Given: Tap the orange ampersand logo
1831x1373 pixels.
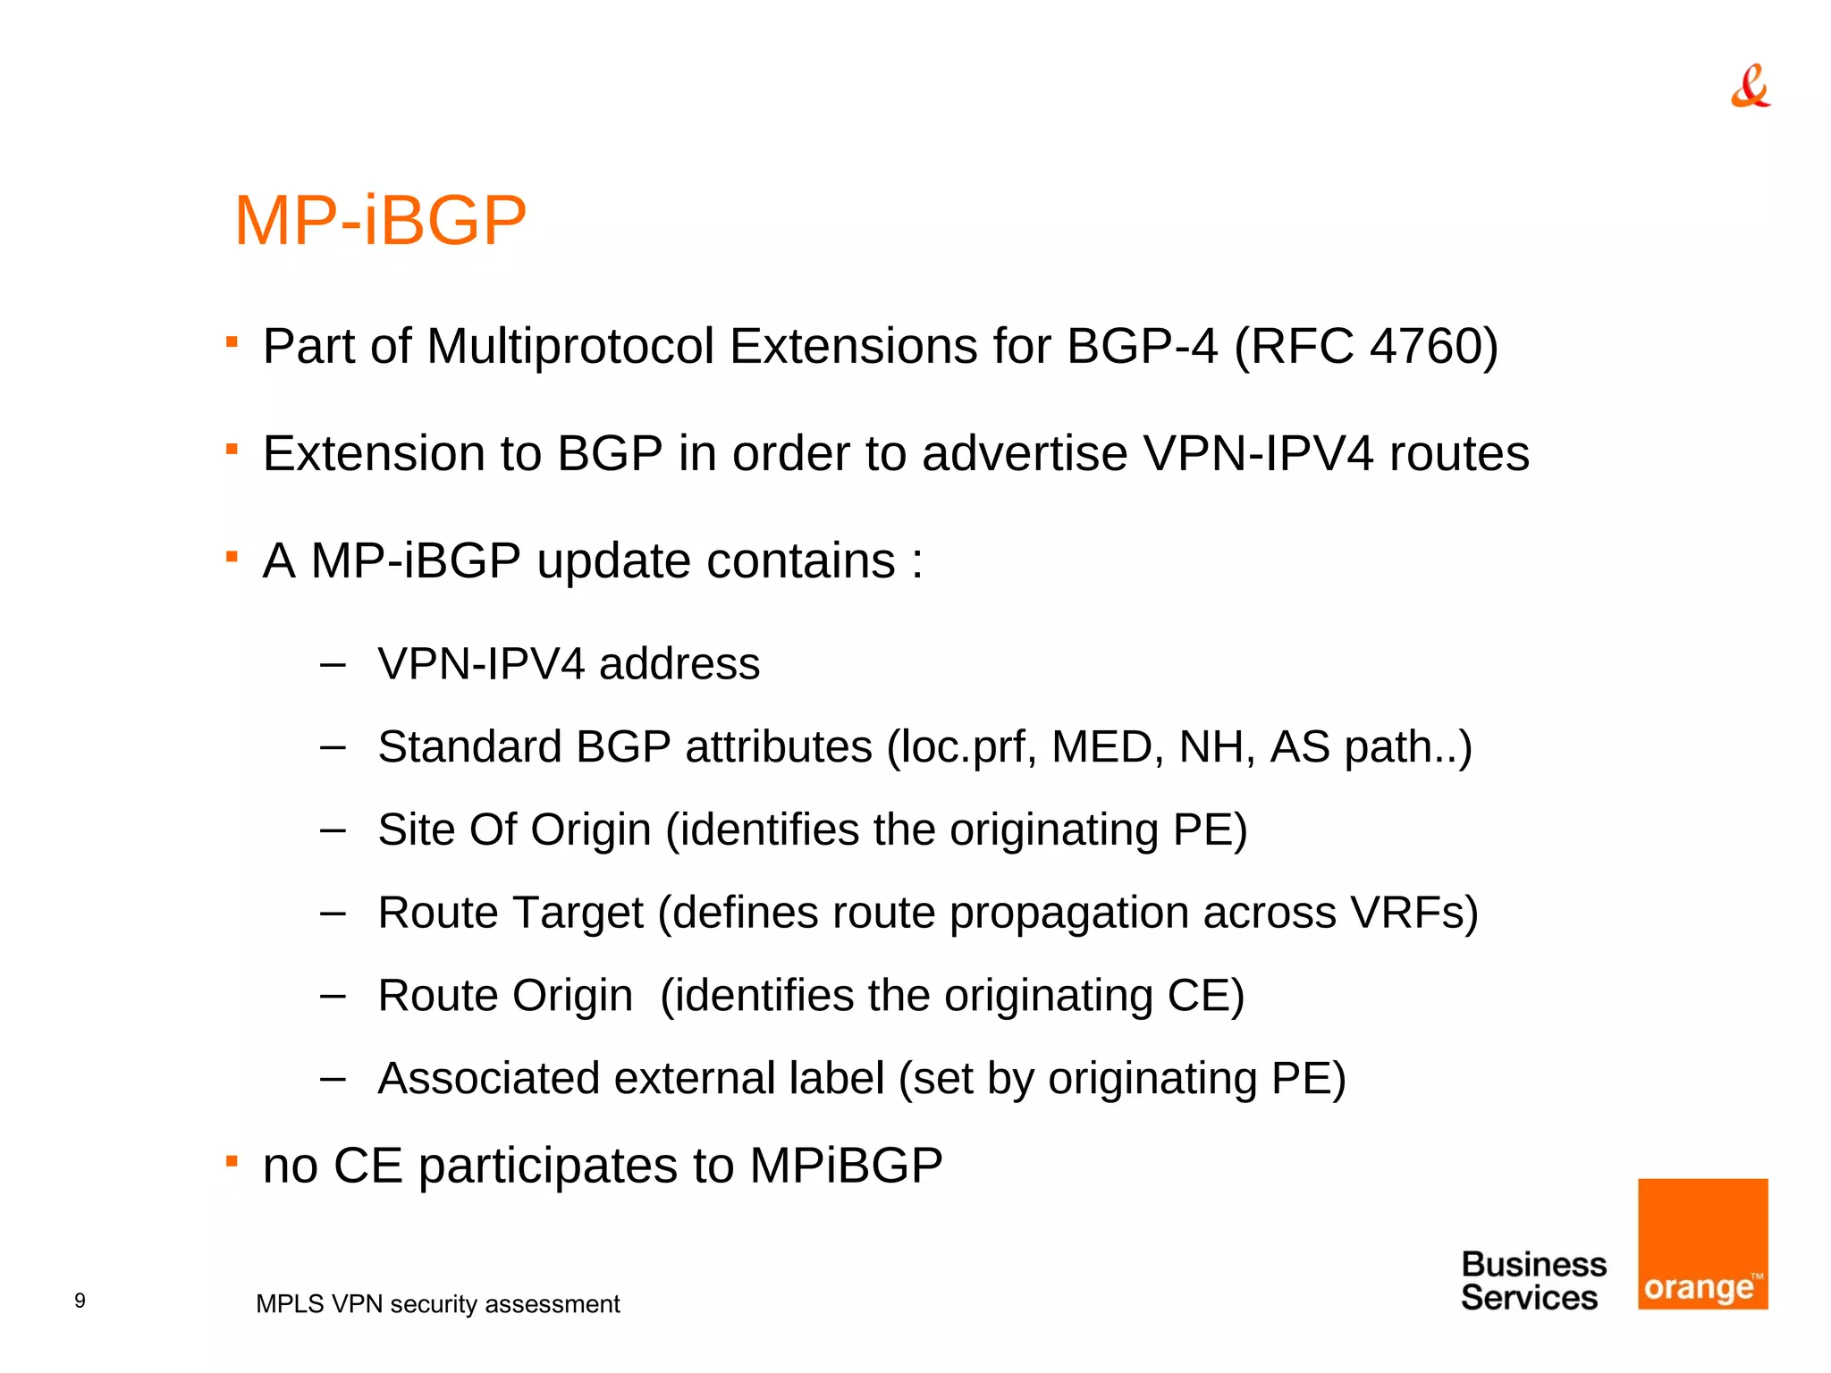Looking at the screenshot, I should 1750,87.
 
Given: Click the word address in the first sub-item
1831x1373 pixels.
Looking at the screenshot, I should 679,664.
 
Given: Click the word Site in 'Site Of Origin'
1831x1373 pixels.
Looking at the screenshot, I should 416,830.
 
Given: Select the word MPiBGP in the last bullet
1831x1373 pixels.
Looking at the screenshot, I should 846,1166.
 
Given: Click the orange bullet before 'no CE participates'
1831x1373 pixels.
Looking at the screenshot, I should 232,1161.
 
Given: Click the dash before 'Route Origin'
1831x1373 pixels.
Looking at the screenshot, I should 333,996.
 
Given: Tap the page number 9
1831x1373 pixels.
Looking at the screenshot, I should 80,1301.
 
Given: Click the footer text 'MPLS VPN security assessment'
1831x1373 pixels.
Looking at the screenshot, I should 437,1304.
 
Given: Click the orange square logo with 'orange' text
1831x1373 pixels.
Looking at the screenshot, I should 1702,1243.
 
